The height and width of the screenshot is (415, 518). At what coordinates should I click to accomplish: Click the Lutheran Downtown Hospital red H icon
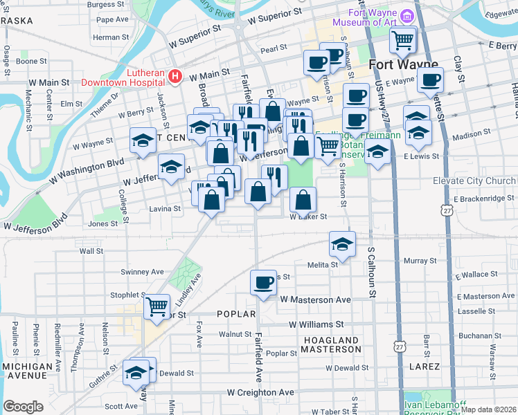coord(176,75)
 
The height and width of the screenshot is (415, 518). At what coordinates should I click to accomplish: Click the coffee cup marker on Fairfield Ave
coord(263,283)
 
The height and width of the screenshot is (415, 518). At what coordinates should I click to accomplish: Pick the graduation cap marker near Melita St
coord(342,244)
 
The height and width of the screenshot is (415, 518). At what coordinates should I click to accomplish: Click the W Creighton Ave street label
coord(260,392)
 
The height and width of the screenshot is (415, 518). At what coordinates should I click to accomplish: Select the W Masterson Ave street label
coord(315,299)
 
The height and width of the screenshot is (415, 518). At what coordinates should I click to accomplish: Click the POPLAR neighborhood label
coord(231,314)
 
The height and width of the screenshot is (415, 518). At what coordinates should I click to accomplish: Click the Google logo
coord(23,406)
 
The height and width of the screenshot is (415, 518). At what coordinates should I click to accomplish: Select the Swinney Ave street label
coord(141,272)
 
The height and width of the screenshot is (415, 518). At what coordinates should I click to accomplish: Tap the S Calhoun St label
coord(371,274)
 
